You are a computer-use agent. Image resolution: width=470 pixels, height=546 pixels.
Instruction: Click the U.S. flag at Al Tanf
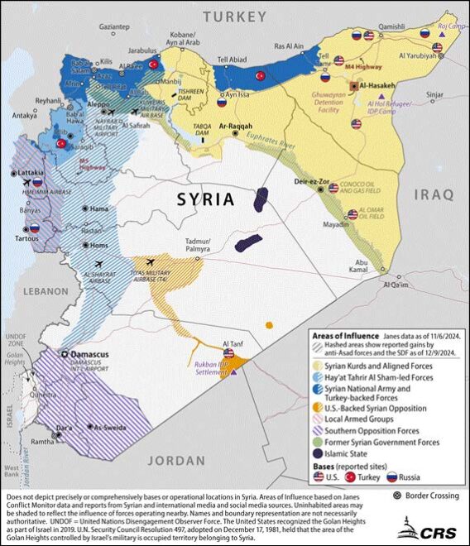pos(229,353)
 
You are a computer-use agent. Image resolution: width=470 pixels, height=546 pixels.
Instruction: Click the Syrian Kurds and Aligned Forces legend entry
pos(372,366)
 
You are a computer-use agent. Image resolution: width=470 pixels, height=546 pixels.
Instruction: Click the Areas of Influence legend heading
pos(344,337)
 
